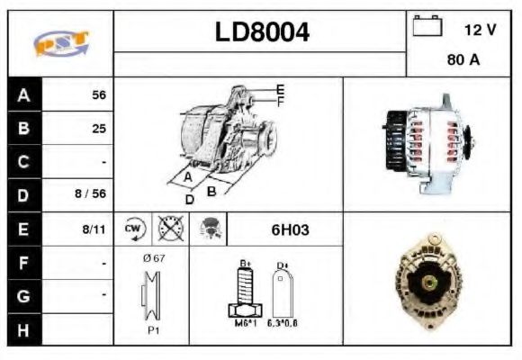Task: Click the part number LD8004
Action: (262, 32)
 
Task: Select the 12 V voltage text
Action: (480, 30)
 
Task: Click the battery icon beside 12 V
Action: (427, 28)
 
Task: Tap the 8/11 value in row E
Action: (93, 229)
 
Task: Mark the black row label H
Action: (23, 329)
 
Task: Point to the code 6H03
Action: (290, 229)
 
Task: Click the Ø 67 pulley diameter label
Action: (154, 259)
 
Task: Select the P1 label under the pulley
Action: (154, 329)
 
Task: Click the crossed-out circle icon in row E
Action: (166, 229)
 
